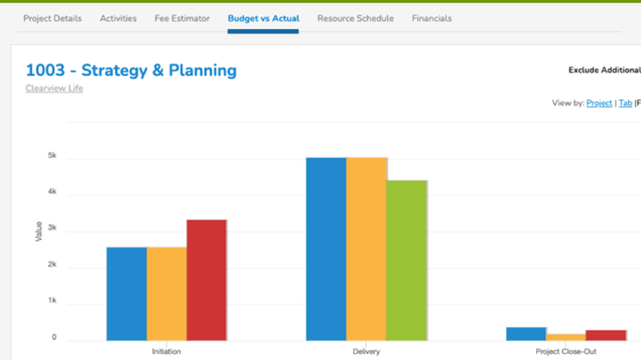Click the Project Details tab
(x=53, y=19)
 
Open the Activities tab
(x=118, y=19)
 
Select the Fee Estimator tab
(x=182, y=19)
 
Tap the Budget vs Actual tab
(x=263, y=19)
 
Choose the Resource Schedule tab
(x=355, y=19)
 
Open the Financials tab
(x=431, y=19)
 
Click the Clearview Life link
(x=54, y=88)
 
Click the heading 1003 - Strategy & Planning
(x=131, y=70)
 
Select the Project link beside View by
(x=599, y=103)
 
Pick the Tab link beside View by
(x=625, y=103)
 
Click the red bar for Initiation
(x=206, y=280)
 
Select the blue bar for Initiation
(x=126, y=293)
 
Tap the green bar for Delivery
(x=406, y=260)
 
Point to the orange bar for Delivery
(x=366, y=249)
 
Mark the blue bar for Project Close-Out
(x=526, y=334)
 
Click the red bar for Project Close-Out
(x=606, y=335)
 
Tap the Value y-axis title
(x=38, y=231)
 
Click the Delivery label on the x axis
(x=366, y=352)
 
